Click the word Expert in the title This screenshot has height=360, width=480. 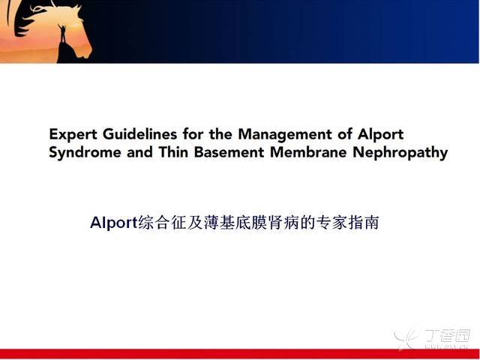(73, 135)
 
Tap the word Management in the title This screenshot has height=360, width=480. (285, 135)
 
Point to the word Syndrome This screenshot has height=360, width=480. (85, 153)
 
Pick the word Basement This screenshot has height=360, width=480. (229, 152)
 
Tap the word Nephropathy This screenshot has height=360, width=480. (400, 153)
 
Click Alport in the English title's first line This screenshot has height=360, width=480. (381, 135)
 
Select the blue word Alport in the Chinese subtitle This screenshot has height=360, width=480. (113, 223)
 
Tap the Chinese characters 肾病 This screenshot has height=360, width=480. (283, 223)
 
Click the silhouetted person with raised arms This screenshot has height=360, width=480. (62, 33)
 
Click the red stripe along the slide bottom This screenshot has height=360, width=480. (240, 353)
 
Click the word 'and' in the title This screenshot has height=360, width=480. (140, 152)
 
